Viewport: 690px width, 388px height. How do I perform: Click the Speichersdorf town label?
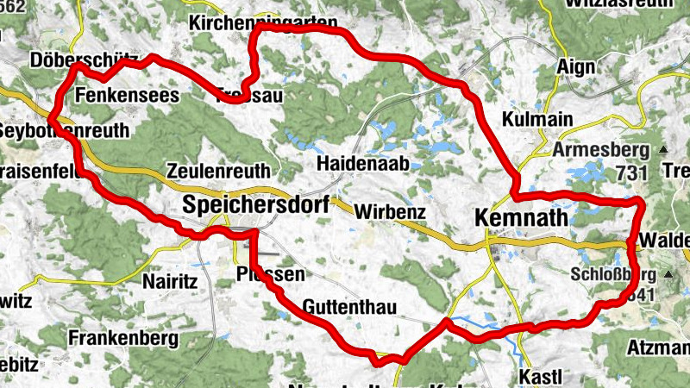(255, 205)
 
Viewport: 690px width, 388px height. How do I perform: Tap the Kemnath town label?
(522, 219)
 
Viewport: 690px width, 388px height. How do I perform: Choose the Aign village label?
(576, 66)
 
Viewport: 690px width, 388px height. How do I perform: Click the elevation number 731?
(631, 173)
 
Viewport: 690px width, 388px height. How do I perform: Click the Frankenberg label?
(126, 335)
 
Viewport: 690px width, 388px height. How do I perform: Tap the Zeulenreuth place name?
(219, 171)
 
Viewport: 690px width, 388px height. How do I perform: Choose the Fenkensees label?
(127, 94)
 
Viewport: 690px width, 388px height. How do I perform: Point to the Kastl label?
(541, 377)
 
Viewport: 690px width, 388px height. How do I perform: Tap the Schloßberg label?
(614, 275)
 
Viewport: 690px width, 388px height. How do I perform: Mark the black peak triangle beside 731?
(663, 150)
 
